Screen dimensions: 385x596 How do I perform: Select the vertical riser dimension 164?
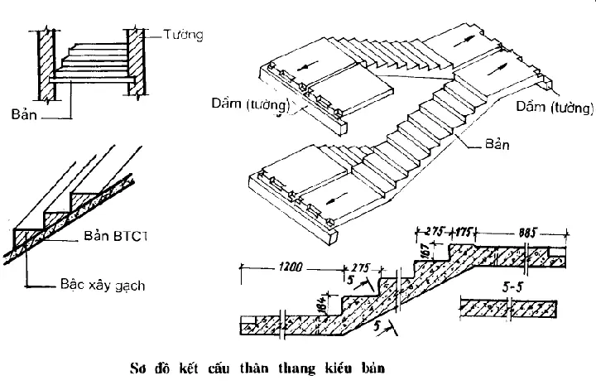point(325,301)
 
